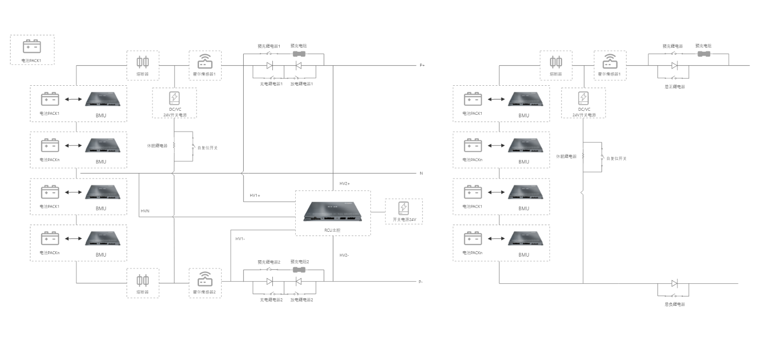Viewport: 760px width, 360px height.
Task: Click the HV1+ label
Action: click(255, 195)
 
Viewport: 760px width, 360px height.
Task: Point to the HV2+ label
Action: click(344, 184)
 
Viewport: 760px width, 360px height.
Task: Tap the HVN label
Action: click(145, 211)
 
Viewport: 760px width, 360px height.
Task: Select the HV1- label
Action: click(240, 239)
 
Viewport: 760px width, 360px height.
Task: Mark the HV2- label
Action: click(344, 255)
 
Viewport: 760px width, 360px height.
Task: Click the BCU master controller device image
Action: click(332, 212)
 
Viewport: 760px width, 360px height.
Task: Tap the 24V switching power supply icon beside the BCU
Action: click(404, 208)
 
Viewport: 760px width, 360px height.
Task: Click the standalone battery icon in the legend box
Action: click(32, 47)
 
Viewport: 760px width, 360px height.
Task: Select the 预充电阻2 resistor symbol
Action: click(299, 270)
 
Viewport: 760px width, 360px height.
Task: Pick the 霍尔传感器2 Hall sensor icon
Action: click(205, 279)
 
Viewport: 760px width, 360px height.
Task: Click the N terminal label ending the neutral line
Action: click(421, 173)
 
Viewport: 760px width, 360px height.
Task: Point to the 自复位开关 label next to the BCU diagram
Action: click(208, 148)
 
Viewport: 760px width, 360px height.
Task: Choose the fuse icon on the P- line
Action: click(143, 280)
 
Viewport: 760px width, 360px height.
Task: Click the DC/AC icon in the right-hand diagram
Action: click(584, 98)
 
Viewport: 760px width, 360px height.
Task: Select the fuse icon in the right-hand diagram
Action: click(556, 62)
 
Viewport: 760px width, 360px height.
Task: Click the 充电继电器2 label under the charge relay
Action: click(271, 300)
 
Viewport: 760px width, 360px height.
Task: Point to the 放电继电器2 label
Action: click(301, 300)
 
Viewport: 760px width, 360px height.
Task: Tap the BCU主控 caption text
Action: click(332, 230)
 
